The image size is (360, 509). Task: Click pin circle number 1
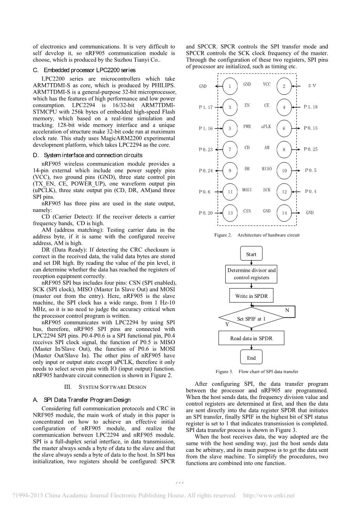tap(230, 86)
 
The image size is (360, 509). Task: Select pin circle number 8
tap(284, 149)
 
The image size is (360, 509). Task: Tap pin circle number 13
tap(230, 213)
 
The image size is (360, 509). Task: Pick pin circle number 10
tap(284, 170)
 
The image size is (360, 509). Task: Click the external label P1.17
tap(205, 107)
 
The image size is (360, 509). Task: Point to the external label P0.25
tap(311, 149)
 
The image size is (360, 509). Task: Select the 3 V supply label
tap(312, 86)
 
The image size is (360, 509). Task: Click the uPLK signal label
tap(266, 126)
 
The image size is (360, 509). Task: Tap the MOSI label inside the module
tap(247, 190)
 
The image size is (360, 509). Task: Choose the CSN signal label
tap(247, 211)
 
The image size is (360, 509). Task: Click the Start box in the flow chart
tap(251, 254)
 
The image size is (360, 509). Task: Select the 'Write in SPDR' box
tap(251, 296)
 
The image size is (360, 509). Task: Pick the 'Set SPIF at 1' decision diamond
tap(251, 319)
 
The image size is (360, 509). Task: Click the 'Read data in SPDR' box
tap(251, 338)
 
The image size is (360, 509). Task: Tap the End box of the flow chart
tap(251, 358)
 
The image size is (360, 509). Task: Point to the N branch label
tap(287, 310)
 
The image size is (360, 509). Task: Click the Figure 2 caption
tap(257, 235)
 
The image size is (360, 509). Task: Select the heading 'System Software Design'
tap(105, 387)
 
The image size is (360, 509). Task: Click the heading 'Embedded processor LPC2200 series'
tap(84, 70)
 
